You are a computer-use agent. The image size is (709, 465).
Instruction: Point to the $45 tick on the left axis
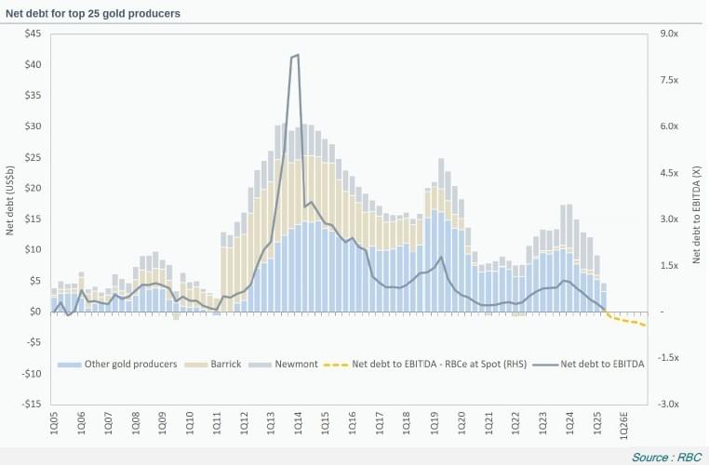point(33,33)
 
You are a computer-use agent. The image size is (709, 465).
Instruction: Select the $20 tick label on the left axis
point(33,188)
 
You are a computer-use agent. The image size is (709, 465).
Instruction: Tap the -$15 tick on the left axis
point(31,405)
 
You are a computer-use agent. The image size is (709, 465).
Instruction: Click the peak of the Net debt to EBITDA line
point(297,55)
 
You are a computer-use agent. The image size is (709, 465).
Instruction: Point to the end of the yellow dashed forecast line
point(646,325)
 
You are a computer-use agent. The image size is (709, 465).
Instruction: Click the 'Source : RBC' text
point(665,457)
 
